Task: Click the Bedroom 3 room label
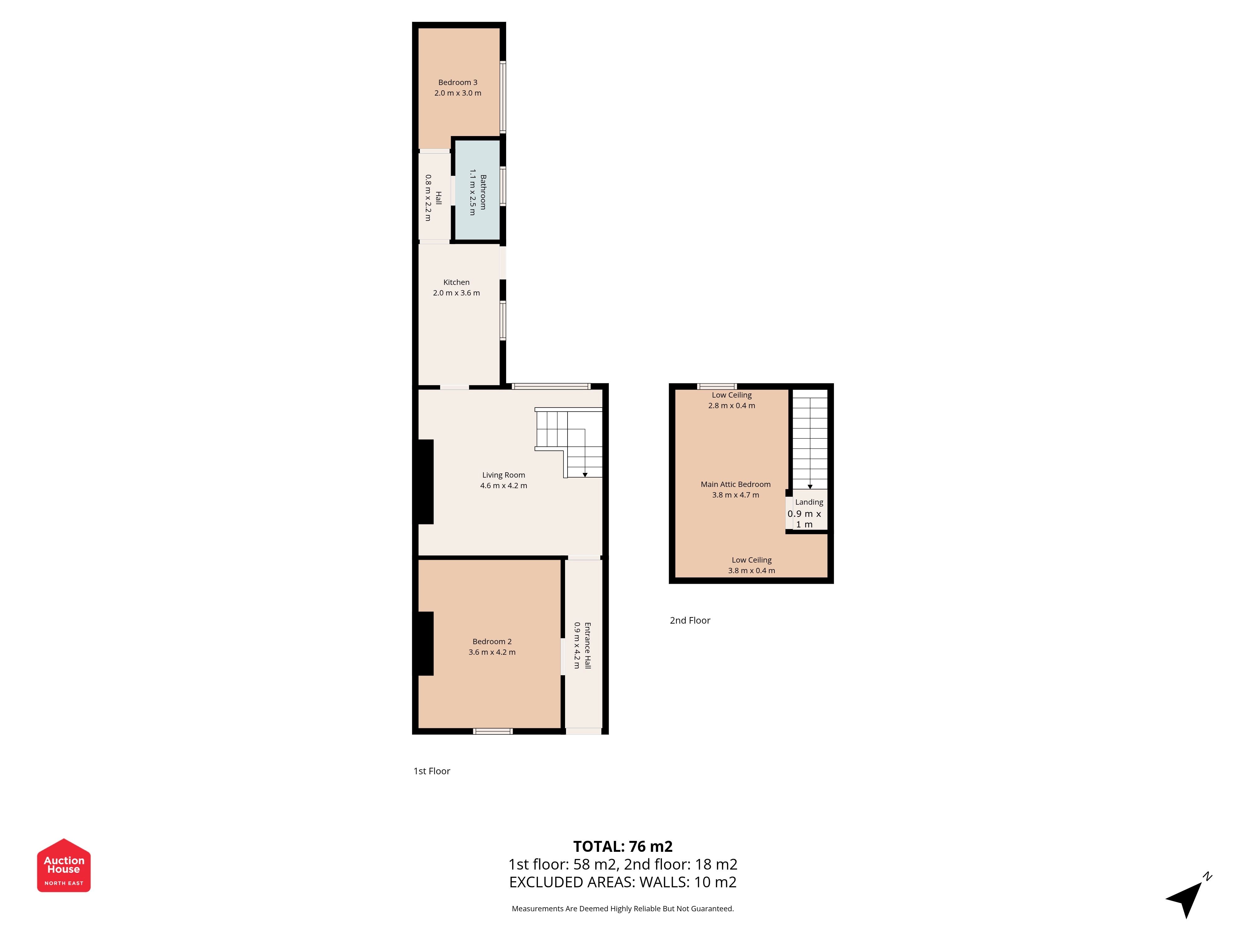pos(457,82)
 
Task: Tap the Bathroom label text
pos(483,192)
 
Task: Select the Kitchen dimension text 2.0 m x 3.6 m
pos(456,293)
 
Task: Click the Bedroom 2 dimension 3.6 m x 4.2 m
pos(492,652)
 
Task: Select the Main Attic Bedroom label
pos(736,484)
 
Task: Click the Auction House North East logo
pos(64,865)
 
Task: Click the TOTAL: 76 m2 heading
pos(623,846)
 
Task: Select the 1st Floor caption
pos(431,771)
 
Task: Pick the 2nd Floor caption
pos(690,620)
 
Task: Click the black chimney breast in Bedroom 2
pos(425,644)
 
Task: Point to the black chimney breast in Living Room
pos(425,482)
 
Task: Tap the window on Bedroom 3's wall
pos(503,97)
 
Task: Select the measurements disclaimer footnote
pos(622,909)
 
